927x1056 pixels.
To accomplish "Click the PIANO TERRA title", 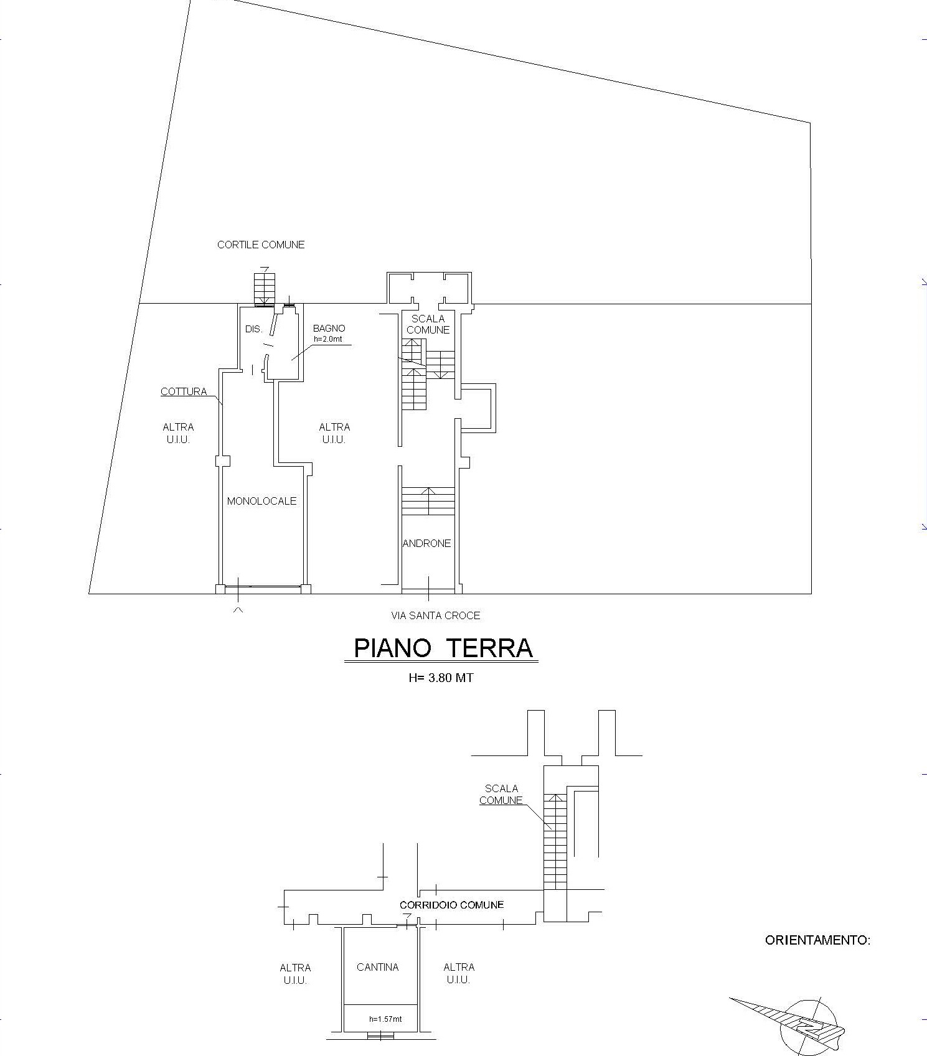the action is pyautogui.click(x=443, y=648).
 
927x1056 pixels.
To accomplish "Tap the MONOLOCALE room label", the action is pyautogui.click(x=261, y=501).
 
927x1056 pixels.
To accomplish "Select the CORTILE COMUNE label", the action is pyautogui.click(x=261, y=245).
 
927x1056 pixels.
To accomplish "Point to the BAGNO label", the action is pyautogui.click(x=329, y=328).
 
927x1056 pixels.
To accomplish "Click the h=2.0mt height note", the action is pyautogui.click(x=328, y=339).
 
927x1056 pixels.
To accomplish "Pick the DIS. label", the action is pyautogui.click(x=253, y=329).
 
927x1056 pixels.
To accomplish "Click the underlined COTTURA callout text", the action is pyautogui.click(x=184, y=391).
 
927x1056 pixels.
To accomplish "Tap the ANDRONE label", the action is pyautogui.click(x=426, y=543).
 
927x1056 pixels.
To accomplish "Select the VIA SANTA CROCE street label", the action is pyautogui.click(x=435, y=615).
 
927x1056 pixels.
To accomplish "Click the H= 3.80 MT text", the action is pyautogui.click(x=441, y=678).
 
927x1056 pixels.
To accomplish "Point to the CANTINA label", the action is pyautogui.click(x=377, y=967).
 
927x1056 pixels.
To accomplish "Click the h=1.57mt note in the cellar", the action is pyautogui.click(x=385, y=1019).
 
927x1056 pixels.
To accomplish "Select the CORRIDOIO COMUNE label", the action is pyautogui.click(x=451, y=905).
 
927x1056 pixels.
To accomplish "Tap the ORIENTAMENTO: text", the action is pyautogui.click(x=817, y=940).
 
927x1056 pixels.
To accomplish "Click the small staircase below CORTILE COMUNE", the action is pyautogui.click(x=264, y=288).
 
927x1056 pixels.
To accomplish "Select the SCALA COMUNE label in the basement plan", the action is pyautogui.click(x=501, y=795).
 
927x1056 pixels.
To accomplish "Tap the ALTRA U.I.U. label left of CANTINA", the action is pyautogui.click(x=295, y=974).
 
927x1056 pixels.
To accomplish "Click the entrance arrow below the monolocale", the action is pyautogui.click(x=238, y=610).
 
